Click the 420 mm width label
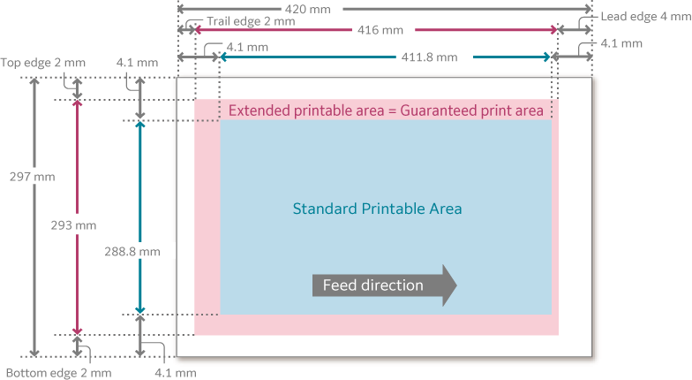[315, 9]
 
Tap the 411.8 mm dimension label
[429, 57]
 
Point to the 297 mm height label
[32, 177]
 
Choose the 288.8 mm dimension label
[132, 251]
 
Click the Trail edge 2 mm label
[251, 20]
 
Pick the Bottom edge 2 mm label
[58, 373]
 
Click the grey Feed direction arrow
[384, 285]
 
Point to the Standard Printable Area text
[377, 209]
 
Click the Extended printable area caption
[386, 110]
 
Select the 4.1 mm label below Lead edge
[621, 42]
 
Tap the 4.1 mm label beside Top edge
[137, 63]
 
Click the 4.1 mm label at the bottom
[175, 373]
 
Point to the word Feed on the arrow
[338, 285]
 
